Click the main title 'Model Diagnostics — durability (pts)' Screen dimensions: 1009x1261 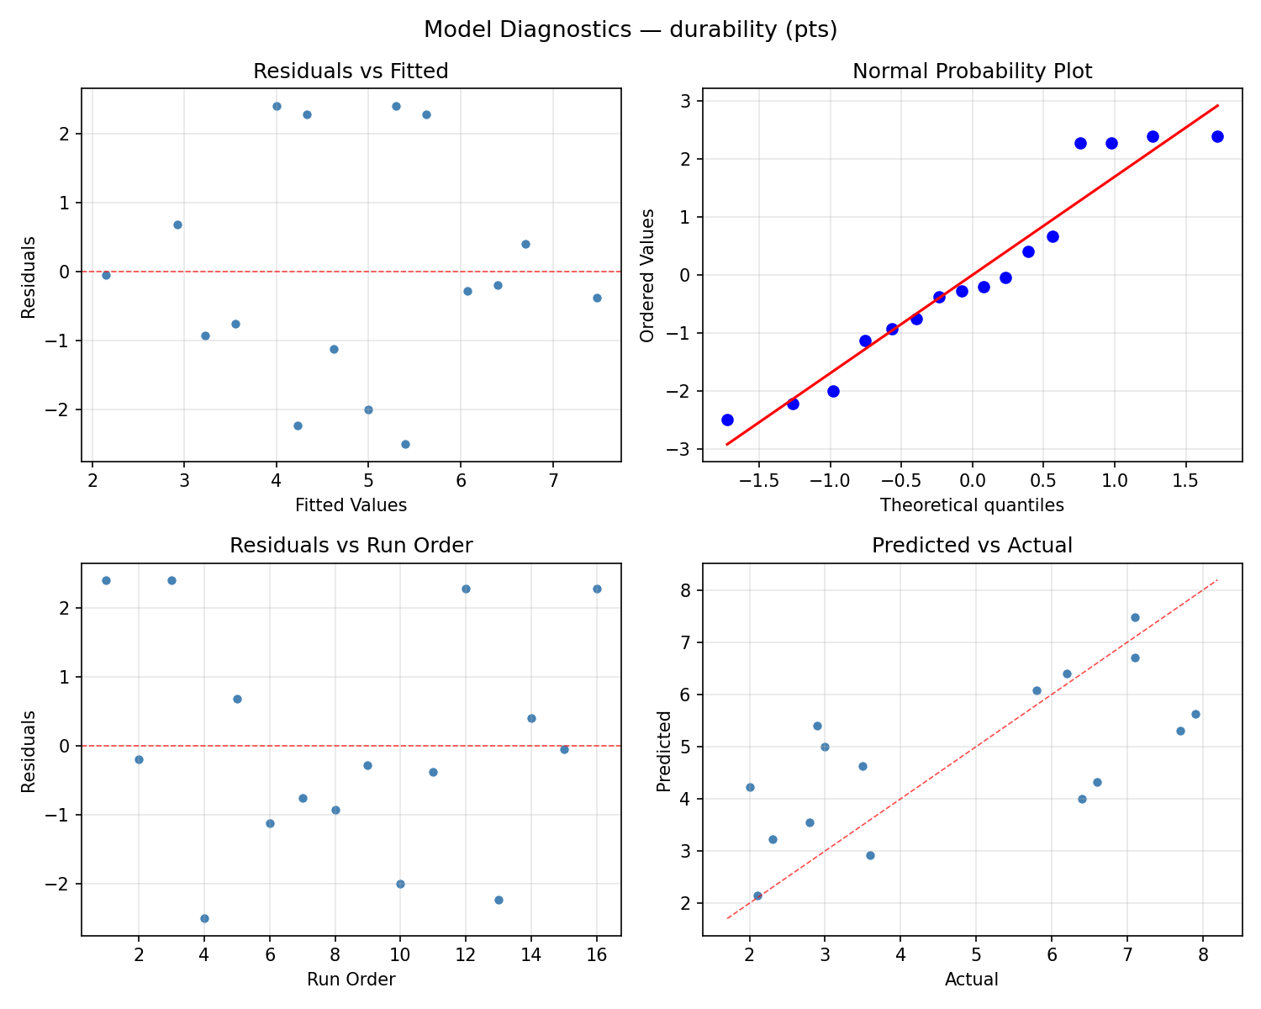[x=630, y=30]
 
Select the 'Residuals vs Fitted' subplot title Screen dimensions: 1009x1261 [x=351, y=71]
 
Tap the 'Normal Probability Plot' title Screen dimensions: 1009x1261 [x=972, y=71]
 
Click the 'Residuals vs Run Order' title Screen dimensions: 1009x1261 [x=351, y=546]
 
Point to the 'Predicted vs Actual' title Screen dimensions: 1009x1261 [x=972, y=546]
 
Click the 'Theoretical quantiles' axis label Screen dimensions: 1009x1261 [x=972, y=505]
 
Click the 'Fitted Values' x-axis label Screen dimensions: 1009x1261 [x=351, y=505]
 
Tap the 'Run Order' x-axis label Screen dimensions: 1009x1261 [x=351, y=980]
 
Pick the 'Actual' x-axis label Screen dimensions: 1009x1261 [x=972, y=980]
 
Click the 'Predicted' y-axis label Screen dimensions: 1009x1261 [x=664, y=751]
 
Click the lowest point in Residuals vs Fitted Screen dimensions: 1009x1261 [x=405, y=444]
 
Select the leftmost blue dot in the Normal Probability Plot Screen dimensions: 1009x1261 [x=727, y=420]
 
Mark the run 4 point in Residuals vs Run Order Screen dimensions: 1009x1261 [x=204, y=918]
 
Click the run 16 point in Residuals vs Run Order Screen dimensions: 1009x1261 [x=597, y=589]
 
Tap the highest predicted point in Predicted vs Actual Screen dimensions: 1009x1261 [x=1135, y=617]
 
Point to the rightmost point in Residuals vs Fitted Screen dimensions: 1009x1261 [x=597, y=298]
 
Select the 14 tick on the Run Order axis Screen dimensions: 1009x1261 [x=531, y=959]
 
